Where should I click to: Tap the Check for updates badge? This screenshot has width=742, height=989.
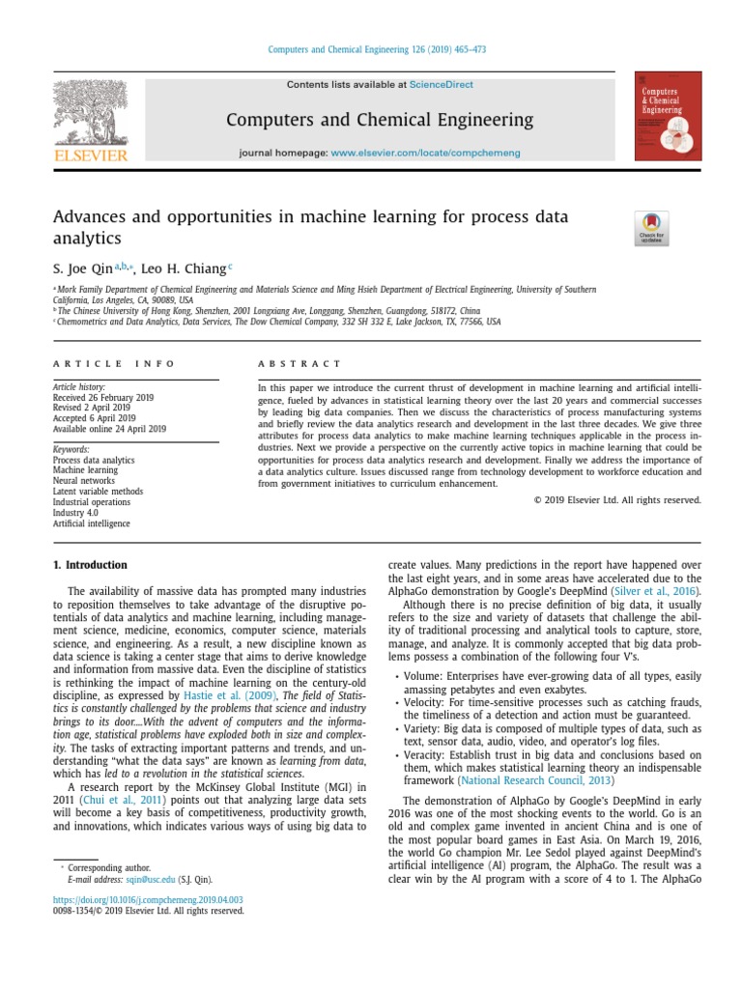coord(651,228)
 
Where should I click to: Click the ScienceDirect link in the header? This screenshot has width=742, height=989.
coord(441,85)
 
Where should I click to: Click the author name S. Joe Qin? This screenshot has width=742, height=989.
coord(82,268)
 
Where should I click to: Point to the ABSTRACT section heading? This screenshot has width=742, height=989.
coord(299,364)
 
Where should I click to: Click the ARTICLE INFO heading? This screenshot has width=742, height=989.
coord(114,364)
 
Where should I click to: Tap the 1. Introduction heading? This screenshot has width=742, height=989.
coord(89,565)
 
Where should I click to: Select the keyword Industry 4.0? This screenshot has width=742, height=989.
coord(80,513)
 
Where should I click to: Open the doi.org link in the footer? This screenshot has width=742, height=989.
coord(148,899)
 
